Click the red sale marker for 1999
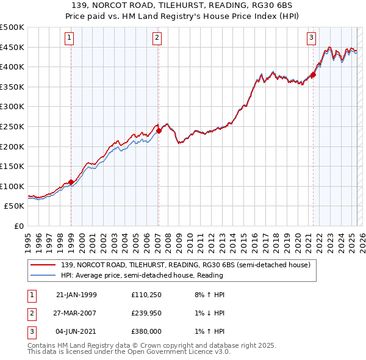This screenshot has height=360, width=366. click(71, 182)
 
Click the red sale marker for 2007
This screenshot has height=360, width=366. click(159, 130)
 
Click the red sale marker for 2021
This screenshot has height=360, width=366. click(313, 75)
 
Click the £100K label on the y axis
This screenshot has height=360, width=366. click(12, 186)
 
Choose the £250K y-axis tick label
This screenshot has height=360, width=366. click(12, 126)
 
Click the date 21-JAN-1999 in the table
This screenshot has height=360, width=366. click(76, 295)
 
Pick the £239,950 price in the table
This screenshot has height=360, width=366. click(146, 313)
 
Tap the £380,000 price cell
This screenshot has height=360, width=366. click(146, 331)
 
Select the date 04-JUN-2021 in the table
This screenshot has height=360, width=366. click(76, 331)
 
